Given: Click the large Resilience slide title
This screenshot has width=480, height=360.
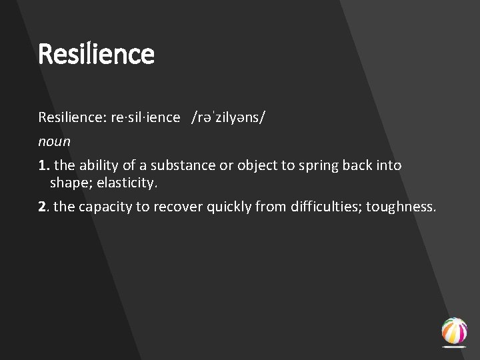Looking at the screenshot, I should pos(96,53).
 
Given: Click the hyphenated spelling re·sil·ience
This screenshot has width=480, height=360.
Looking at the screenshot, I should pos(146,118).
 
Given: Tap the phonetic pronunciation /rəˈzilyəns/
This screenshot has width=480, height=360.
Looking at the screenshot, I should pos(228,118).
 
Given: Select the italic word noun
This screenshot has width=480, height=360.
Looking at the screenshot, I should pos(54,141).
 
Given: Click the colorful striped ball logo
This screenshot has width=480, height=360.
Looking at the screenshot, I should pos(454,331).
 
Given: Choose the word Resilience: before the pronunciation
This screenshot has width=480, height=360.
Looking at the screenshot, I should pos(71,118).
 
